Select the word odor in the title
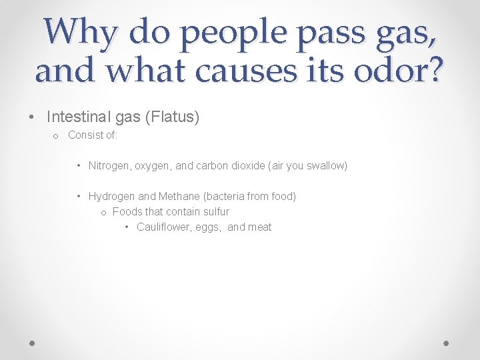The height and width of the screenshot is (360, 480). click(x=383, y=69)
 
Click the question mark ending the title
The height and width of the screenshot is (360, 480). click(x=432, y=69)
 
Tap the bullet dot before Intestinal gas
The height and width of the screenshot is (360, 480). click(x=31, y=117)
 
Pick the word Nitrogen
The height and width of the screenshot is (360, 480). click(x=109, y=165)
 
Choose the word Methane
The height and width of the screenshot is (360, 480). click(x=179, y=196)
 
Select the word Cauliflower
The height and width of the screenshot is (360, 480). click(x=163, y=227)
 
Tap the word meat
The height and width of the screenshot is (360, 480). click(x=259, y=227)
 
